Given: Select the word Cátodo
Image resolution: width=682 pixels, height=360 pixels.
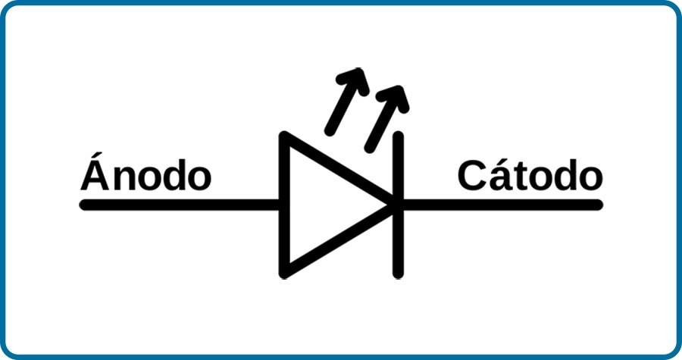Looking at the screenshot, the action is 530,175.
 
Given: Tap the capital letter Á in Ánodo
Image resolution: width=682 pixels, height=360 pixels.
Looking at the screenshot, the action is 95,171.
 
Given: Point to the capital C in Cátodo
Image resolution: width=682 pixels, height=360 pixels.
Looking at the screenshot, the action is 472,175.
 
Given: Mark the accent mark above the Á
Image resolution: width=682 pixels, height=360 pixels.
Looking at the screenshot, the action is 98,155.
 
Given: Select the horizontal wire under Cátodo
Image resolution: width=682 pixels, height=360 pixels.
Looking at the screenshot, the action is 501,205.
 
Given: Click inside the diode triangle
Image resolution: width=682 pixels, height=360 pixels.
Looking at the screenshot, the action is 322,205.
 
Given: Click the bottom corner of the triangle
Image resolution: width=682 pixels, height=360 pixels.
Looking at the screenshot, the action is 284,273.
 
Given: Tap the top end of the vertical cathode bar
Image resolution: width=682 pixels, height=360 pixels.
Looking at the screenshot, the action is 398,136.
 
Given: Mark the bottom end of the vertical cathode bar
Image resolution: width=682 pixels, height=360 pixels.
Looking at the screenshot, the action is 398,274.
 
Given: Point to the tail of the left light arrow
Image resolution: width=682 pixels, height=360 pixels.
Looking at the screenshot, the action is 330,130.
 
